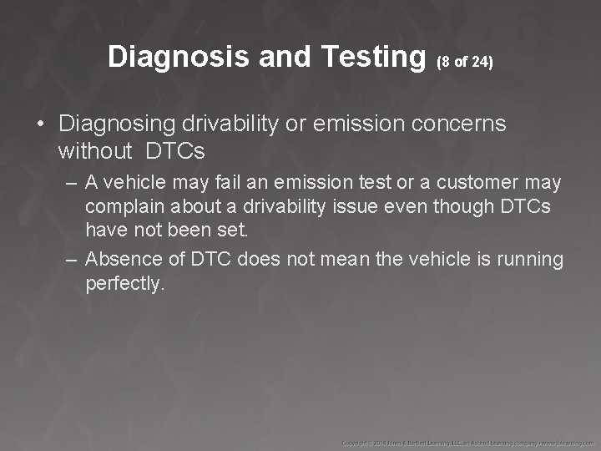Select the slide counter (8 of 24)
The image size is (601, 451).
click(x=466, y=61)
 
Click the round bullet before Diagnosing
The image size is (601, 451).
click(x=40, y=124)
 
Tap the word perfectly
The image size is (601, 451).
click(x=124, y=284)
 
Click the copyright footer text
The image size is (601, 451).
click(x=467, y=440)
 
